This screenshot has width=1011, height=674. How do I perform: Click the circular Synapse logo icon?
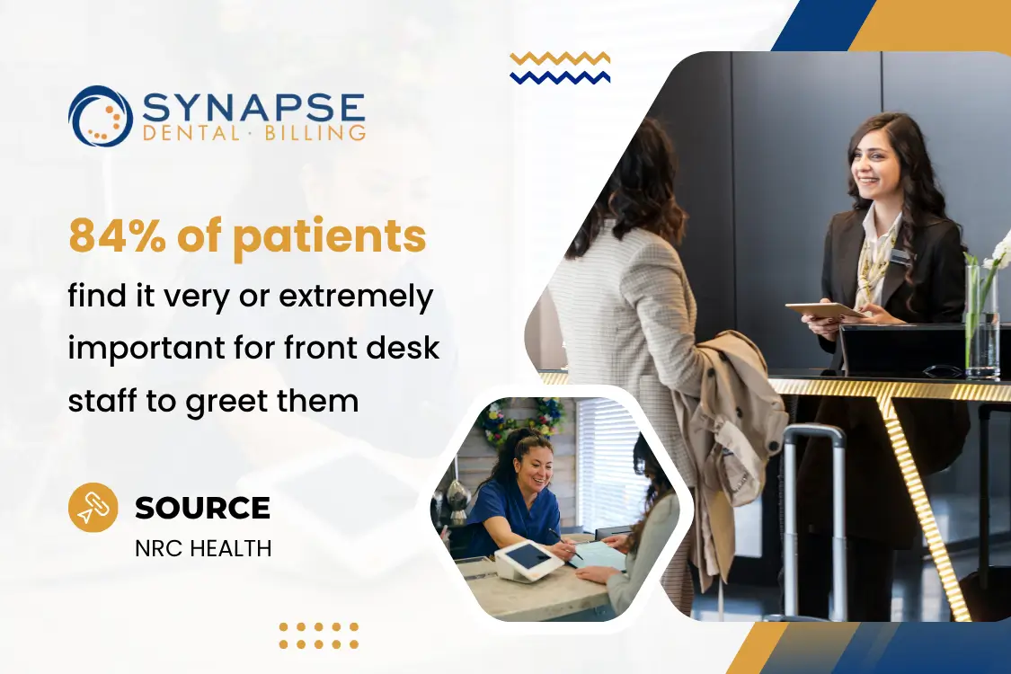[x=101, y=116]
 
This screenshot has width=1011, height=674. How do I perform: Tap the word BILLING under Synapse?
[x=315, y=134]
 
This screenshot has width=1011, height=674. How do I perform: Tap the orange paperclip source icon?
[x=93, y=508]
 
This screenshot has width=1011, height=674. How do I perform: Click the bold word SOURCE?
[x=202, y=509]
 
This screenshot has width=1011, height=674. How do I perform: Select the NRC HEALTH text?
[x=203, y=547]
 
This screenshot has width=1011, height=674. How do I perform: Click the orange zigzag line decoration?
[x=560, y=59]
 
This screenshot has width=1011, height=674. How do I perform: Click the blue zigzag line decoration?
[x=560, y=77]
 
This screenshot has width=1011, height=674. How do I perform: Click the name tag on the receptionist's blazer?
[x=900, y=257]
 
